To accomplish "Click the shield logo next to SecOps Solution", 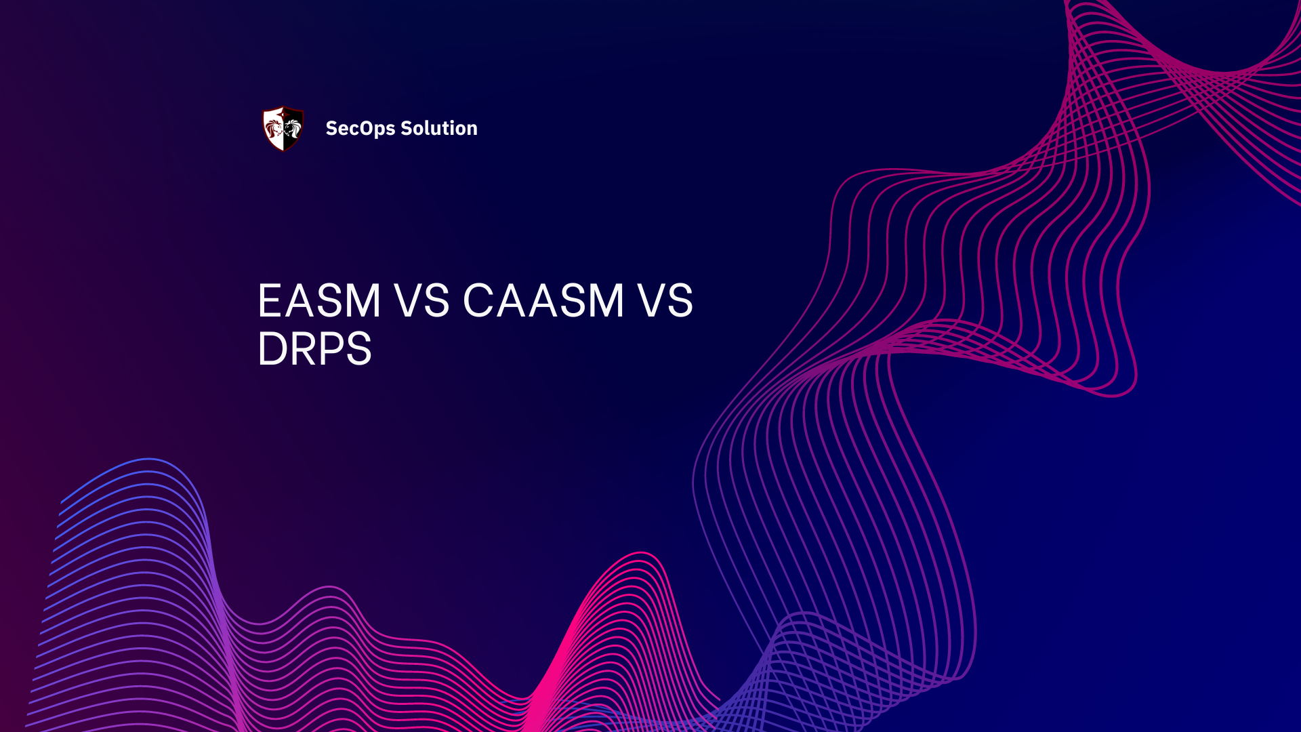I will click(283, 128).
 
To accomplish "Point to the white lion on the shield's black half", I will click(292, 127).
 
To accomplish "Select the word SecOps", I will click(360, 129).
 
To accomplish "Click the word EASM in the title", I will click(319, 300).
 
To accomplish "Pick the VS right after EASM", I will click(422, 300).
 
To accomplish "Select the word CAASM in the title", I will click(543, 300).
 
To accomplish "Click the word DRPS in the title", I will click(314, 349).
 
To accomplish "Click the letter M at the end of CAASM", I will click(602, 300).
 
